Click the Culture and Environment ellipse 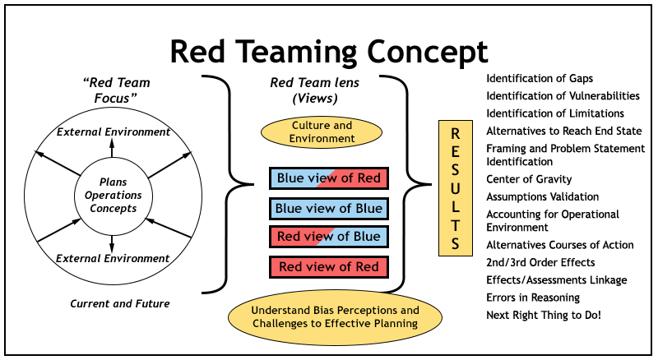[322, 132]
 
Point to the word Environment [322, 139]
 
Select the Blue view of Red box [329, 178]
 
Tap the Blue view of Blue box [329, 209]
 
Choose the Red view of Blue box [329, 237]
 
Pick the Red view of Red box [329, 267]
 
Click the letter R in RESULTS [456, 133]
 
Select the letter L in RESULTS [456, 205]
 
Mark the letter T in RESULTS [456, 224]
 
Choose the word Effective [349, 324]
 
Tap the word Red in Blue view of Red [368, 178]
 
